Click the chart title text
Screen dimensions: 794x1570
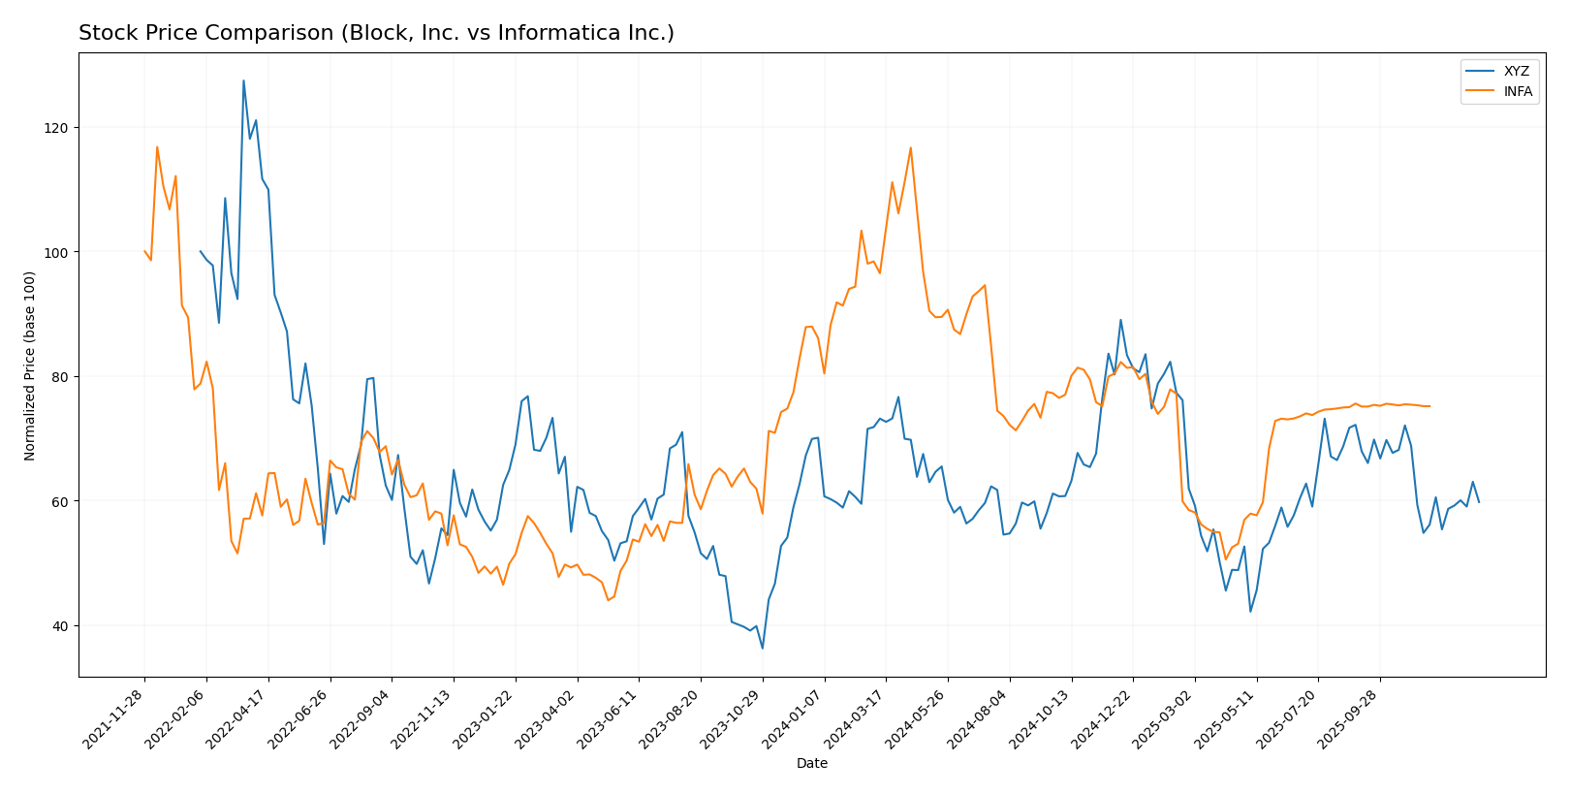click(x=376, y=33)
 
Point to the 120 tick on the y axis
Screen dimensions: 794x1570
click(x=60, y=128)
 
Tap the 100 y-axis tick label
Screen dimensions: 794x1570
click(x=60, y=252)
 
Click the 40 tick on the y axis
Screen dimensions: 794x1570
click(x=63, y=625)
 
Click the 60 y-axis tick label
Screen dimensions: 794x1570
click(x=63, y=501)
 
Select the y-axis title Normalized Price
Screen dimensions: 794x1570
click(x=30, y=365)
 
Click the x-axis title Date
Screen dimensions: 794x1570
click(x=811, y=764)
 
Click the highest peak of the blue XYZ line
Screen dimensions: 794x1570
click(x=243, y=80)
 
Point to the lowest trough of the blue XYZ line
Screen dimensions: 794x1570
click(x=763, y=648)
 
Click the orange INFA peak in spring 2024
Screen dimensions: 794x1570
click(x=910, y=147)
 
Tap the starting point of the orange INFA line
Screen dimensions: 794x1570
click(x=144, y=252)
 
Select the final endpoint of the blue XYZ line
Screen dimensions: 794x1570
click(x=1479, y=502)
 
